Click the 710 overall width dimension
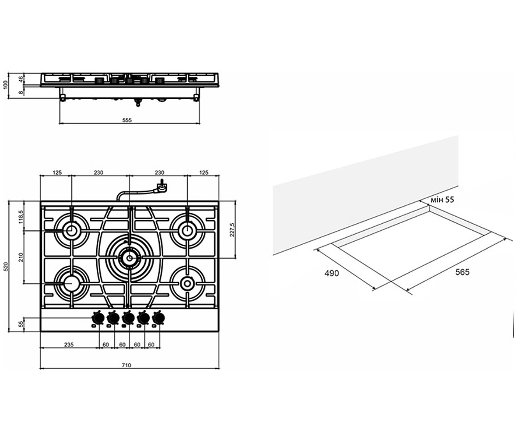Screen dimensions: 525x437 pyautogui.click(x=126, y=365)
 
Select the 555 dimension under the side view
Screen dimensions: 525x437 pyautogui.click(x=127, y=120)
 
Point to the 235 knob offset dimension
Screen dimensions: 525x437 pyautogui.click(x=69, y=344)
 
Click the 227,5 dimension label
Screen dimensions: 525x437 pyautogui.click(x=232, y=229)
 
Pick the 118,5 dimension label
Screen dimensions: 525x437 pyautogui.click(x=21, y=217)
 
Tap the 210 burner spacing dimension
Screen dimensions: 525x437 pyautogui.click(x=21, y=257)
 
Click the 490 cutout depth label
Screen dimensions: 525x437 pyautogui.click(x=332, y=273)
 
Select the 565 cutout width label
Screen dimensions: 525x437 pyautogui.click(x=462, y=272)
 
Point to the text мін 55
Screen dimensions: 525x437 pyautogui.click(x=442, y=200)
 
